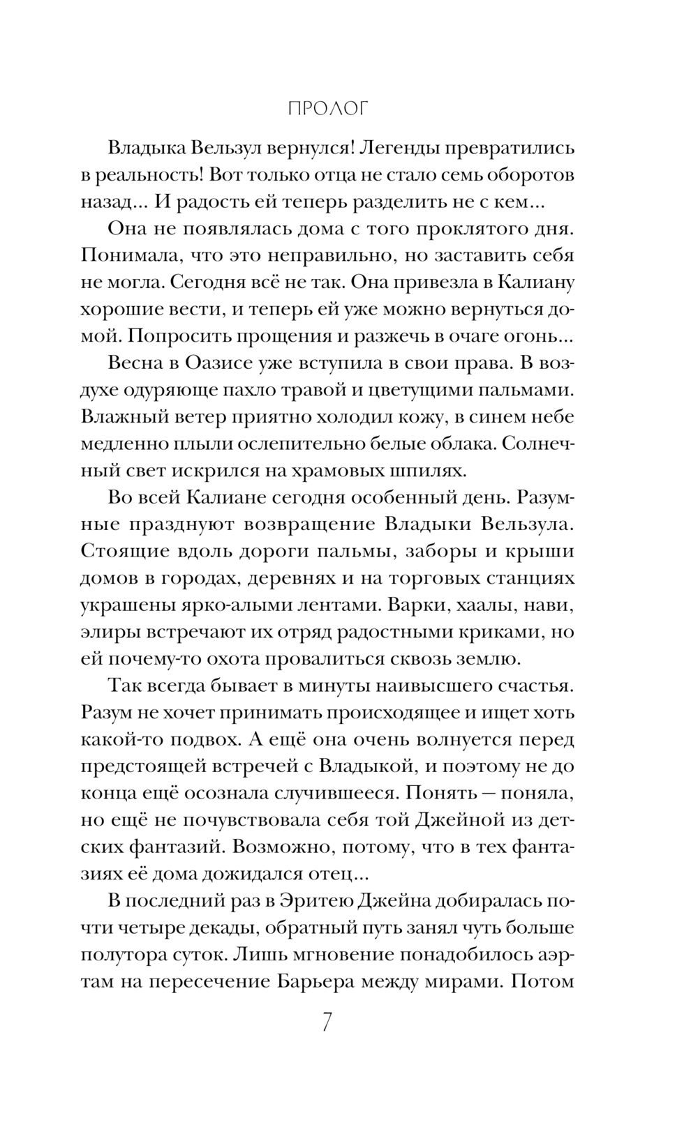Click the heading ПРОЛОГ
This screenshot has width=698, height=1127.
(327, 109)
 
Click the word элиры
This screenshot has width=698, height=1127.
(110, 632)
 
